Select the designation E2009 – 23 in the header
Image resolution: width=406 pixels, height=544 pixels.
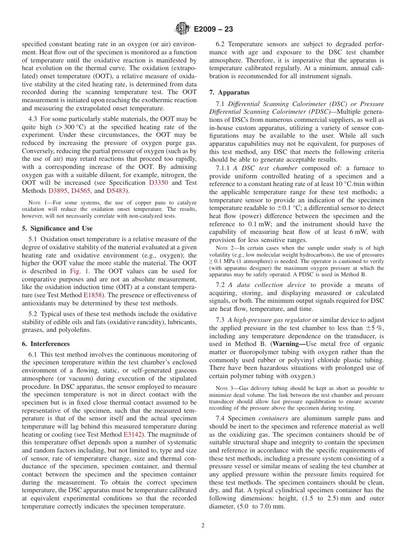pos(213,30)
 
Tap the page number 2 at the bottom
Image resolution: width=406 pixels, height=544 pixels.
pos(203,526)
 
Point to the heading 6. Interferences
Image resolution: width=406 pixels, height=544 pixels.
pos(46,344)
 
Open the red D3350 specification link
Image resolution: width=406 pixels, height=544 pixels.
pos(158,183)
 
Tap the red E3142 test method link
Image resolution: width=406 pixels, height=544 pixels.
pos(132,434)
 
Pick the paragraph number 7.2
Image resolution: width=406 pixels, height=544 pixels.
pos(221,285)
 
